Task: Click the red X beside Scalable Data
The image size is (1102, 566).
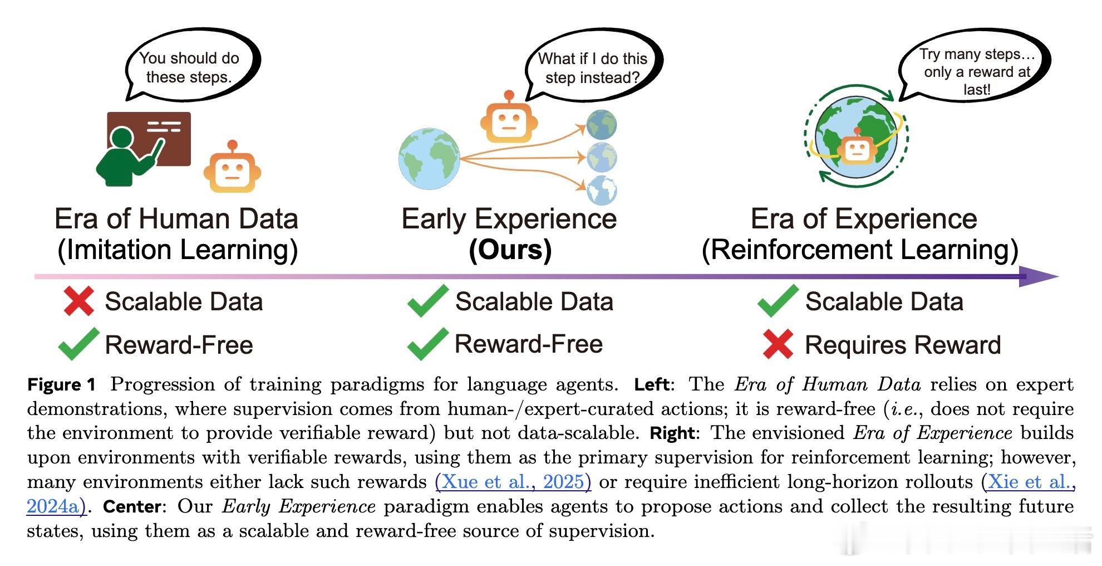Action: click(x=78, y=301)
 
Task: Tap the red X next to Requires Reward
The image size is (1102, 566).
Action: click(x=778, y=344)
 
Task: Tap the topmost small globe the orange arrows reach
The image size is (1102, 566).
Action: click(x=602, y=125)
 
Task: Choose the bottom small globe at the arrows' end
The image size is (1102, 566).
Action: click(x=602, y=191)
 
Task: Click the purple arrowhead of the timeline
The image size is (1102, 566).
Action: click(x=1039, y=276)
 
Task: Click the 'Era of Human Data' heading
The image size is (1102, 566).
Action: click(x=176, y=218)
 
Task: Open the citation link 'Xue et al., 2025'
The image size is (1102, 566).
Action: click(x=513, y=481)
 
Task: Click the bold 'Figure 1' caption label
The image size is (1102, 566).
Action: click(x=62, y=384)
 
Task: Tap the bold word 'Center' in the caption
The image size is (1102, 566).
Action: click(x=132, y=506)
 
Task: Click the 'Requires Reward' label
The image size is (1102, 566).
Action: click(x=903, y=345)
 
